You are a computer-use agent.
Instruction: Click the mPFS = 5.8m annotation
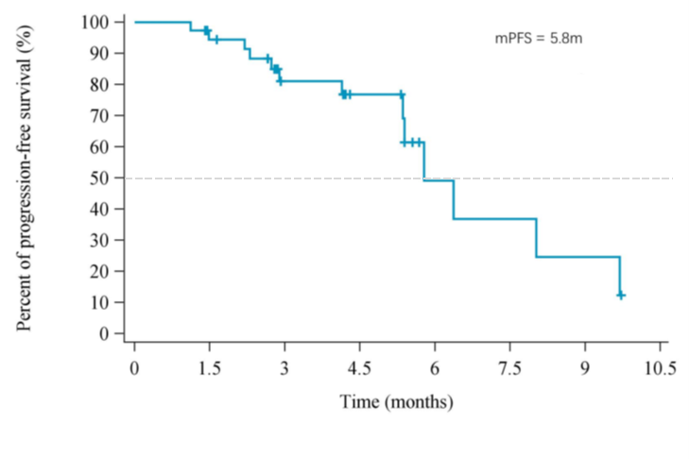click(543, 39)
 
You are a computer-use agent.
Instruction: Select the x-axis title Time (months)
click(397, 402)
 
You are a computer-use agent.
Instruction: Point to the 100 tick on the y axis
click(96, 22)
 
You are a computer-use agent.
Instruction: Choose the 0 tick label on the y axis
click(104, 333)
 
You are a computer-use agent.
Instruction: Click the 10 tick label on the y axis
click(99, 302)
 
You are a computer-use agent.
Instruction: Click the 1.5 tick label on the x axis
click(210, 367)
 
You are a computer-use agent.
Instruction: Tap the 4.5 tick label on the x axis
click(359, 367)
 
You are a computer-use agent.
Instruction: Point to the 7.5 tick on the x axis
click(509, 367)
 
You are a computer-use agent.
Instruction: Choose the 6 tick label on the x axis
click(434, 367)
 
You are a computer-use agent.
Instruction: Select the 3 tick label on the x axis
click(284, 367)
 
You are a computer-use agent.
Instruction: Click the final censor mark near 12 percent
click(621, 296)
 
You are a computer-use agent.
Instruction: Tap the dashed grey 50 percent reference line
click(567, 178)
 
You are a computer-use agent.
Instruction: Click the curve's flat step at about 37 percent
click(494, 219)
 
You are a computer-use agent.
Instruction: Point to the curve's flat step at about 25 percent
click(577, 257)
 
